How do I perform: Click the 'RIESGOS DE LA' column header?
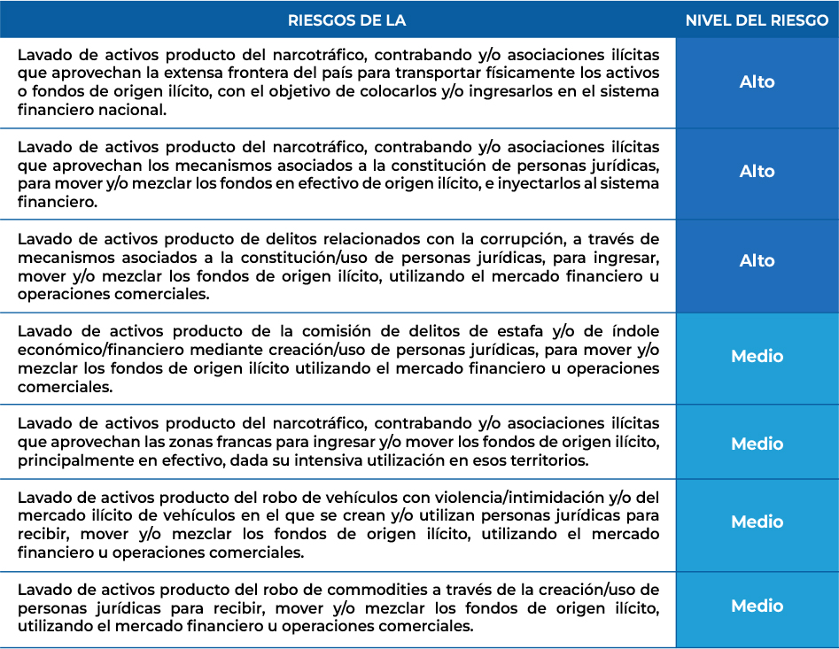pos(347,20)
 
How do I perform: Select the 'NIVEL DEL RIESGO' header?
pos(757,20)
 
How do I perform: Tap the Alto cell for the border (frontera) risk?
pos(757,82)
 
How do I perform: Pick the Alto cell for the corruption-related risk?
pos(757,261)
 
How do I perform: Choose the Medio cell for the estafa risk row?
pos(757,356)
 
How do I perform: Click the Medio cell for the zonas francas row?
pos(757,444)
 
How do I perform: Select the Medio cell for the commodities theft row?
pos(757,606)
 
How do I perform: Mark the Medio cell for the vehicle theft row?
pos(757,522)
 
